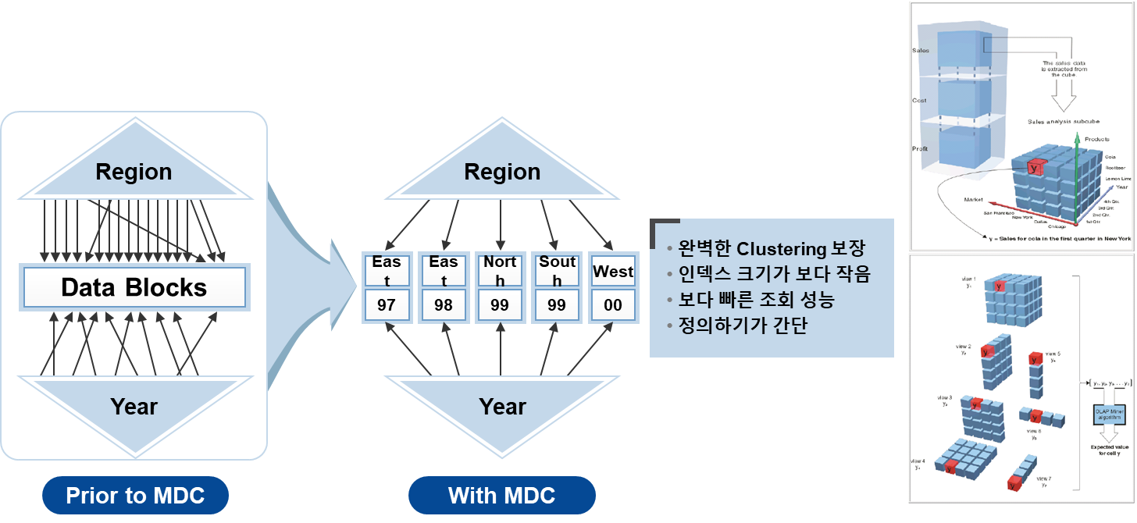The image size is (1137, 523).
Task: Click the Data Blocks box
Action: coord(134,288)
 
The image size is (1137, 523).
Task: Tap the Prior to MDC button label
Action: coord(135,496)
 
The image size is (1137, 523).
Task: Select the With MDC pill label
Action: coord(501,496)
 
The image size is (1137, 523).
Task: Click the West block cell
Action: coord(613,272)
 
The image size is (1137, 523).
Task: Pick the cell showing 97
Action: coord(387,305)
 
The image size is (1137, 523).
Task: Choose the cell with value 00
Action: coord(613,305)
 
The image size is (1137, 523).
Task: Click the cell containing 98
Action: coord(444,305)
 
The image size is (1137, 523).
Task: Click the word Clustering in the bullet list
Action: coord(781,250)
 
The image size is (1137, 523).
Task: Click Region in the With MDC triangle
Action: coord(502,172)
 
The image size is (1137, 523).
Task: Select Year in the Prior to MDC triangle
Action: coord(134,406)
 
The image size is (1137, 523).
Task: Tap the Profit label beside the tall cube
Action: coord(920,149)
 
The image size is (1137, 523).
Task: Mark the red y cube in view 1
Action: coord(1001,286)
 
